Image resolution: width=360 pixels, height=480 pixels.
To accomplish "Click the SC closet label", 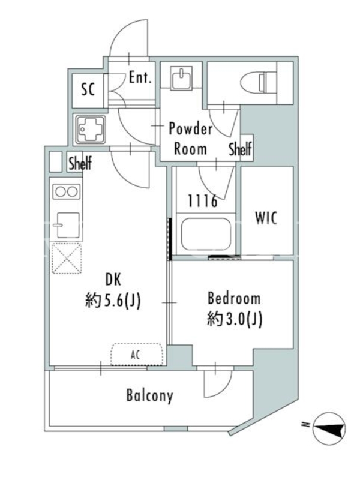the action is [x=88, y=89].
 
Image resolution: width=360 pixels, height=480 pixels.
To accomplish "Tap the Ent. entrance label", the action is [x=140, y=77].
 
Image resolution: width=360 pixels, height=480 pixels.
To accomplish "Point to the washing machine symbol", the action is [x=91, y=130].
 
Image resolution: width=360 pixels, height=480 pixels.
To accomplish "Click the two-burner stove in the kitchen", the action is [x=67, y=192].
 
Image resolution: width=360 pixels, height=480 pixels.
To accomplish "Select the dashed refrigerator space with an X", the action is [x=67, y=258].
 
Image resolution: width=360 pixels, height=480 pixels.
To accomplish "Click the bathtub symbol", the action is [x=206, y=234].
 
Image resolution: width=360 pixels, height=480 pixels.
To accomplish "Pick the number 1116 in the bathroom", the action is [x=203, y=201].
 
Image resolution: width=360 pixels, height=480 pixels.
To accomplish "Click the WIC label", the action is [x=266, y=218].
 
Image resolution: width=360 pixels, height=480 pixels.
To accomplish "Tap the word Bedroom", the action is [x=234, y=298].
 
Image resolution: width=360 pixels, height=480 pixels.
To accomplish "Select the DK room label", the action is [x=113, y=280].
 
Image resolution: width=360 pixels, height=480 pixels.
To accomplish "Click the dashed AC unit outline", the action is [x=137, y=354].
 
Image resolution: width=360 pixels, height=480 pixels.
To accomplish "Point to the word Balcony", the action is [x=149, y=395].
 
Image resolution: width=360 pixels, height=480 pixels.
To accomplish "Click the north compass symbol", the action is [x=329, y=428].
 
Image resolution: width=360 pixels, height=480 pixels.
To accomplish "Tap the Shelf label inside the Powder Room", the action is [x=241, y=149].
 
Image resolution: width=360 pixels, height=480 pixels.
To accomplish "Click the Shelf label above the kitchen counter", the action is [x=80, y=163].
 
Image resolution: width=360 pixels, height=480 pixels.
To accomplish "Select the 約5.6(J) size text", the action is [x=113, y=301].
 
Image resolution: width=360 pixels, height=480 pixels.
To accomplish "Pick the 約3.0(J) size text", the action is [x=235, y=319].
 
